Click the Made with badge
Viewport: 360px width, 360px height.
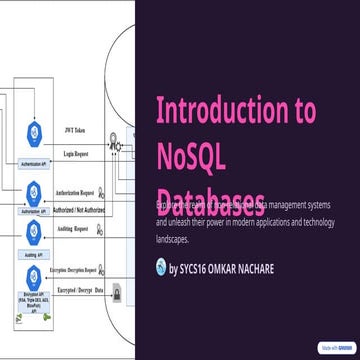[334, 349]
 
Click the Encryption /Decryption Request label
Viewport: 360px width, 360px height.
[79, 270]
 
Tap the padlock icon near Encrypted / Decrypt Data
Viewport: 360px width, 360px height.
[117, 292]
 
